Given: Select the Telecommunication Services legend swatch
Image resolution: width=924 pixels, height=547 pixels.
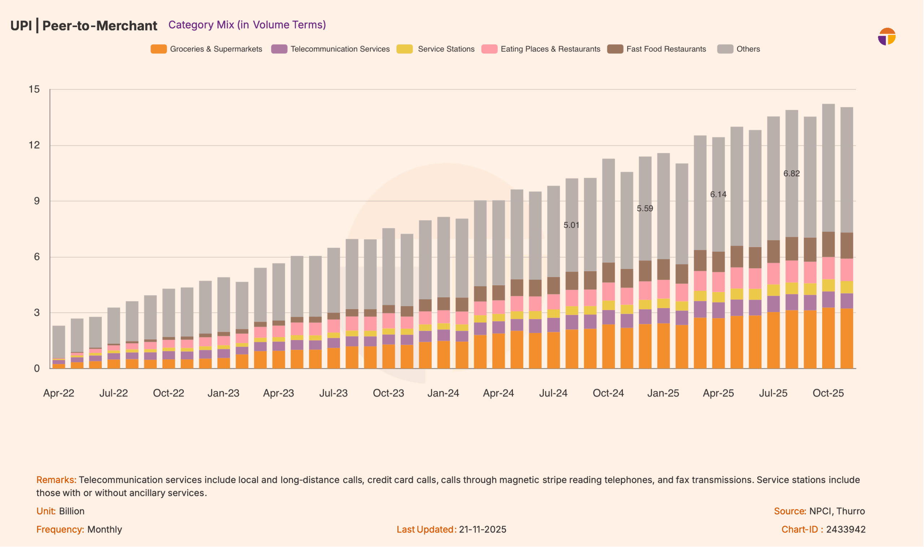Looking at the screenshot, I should [x=279, y=49].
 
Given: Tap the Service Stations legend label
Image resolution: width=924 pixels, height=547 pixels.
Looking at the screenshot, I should [x=446, y=49].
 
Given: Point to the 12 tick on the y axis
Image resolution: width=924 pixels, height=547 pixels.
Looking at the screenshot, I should [x=34, y=145].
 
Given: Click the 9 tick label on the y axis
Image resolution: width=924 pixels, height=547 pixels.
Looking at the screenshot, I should [x=37, y=201].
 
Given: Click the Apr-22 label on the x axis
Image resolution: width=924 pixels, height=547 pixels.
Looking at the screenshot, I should [x=59, y=393].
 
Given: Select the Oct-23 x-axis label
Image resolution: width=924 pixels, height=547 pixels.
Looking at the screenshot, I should [x=388, y=393].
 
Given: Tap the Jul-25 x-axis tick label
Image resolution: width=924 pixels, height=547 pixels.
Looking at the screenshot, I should [x=773, y=393].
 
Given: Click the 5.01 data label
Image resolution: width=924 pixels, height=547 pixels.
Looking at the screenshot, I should [x=571, y=225].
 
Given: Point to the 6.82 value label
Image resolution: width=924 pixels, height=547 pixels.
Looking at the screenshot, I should [x=792, y=174].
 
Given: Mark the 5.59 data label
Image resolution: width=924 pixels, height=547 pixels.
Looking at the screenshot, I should [x=645, y=209].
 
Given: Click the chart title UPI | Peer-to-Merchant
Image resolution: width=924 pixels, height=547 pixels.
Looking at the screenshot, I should [x=84, y=26].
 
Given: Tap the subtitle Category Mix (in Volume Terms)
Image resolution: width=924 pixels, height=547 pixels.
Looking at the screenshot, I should [x=247, y=25].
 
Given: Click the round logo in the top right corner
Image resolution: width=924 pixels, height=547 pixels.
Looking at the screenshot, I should [x=886, y=36].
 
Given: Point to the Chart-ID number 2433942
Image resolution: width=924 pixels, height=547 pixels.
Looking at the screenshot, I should [x=846, y=530].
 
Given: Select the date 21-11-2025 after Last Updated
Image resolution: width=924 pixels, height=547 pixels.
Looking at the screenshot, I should [x=482, y=530].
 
